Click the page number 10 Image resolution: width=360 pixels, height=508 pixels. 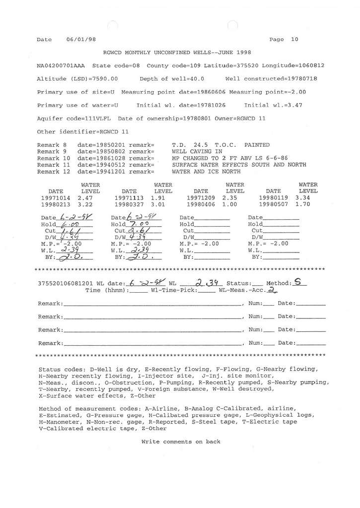(295, 40)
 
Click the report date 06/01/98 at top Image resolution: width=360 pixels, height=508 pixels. (81, 40)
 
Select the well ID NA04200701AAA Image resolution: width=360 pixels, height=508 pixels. (61, 65)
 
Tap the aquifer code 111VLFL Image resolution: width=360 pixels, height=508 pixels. (101, 119)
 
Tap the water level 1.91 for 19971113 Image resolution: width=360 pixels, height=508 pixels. (158, 197)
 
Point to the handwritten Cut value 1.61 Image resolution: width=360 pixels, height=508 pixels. (69, 231)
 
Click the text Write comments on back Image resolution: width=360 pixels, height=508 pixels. (181, 442)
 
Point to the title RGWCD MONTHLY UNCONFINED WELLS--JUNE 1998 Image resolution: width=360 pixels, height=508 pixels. (177, 52)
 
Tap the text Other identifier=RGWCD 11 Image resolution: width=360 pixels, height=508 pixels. (83, 132)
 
